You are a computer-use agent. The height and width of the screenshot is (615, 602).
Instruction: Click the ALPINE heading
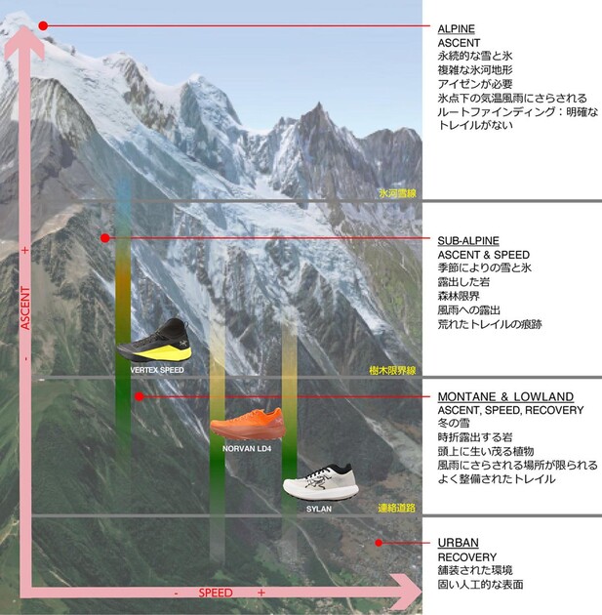(x=457, y=29)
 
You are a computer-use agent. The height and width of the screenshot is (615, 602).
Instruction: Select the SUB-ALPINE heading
(x=468, y=240)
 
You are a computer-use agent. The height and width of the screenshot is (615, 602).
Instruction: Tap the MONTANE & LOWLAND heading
(x=505, y=396)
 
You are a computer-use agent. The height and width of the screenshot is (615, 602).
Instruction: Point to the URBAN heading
(x=459, y=543)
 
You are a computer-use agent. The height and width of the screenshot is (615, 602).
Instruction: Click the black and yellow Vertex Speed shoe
(x=154, y=341)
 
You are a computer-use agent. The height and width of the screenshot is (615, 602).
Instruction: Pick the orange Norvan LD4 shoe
(x=247, y=424)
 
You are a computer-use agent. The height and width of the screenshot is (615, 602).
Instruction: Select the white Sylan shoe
(x=321, y=482)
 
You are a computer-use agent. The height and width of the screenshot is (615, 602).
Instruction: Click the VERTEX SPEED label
(x=157, y=370)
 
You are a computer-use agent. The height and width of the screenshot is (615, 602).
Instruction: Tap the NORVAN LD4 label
(x=247, y=448)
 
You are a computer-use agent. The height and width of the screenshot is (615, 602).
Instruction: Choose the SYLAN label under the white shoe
(x=319, y=509)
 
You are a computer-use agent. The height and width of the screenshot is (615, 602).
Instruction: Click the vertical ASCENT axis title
(x=25, y=307)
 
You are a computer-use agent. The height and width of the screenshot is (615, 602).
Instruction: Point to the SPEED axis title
(x=216, y=593)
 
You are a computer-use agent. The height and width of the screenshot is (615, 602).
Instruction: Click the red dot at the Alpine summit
(x=43, y=26)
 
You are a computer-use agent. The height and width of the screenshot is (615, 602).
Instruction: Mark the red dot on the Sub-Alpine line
(x=104, y=238)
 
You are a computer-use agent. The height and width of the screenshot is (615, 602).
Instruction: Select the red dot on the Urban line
(x=379, y=543)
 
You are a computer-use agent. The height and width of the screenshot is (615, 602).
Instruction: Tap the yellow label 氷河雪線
(x=397, y=193)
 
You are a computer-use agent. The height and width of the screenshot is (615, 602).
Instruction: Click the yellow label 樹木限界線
(x=392, y=370)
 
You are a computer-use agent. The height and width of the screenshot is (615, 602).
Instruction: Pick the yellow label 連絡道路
(x=397, y=508)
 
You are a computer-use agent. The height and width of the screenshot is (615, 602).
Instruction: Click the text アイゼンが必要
(x=475, y=84)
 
